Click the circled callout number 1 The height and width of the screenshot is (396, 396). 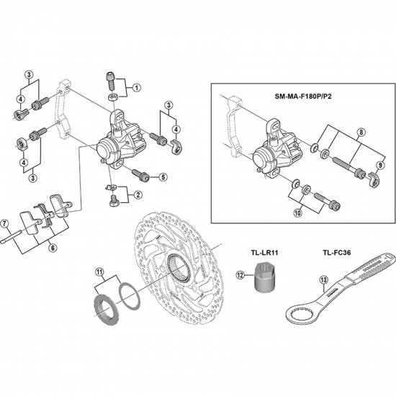tap(137, 88)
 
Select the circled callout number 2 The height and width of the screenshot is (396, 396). tap(138, 194)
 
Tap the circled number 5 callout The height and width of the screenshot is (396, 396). tap(163, 177)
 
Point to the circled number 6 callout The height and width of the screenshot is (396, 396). tap(53, 248)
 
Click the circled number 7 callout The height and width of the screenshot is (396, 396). tap(4, 223)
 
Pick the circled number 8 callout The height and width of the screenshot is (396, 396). tap(361, 132)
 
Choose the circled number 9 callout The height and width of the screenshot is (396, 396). tap(380, 166)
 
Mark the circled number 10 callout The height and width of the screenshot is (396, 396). tap(298, 213)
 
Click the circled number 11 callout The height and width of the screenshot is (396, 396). tap(100, 271)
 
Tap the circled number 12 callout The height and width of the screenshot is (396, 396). tap(240, 275)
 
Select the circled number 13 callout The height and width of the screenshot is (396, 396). tap(324, 279)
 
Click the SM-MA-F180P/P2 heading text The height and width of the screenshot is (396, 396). tap(303, 96)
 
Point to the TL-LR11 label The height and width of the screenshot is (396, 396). tap(264, 252)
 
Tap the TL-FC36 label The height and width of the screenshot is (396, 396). tap(337, 252)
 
